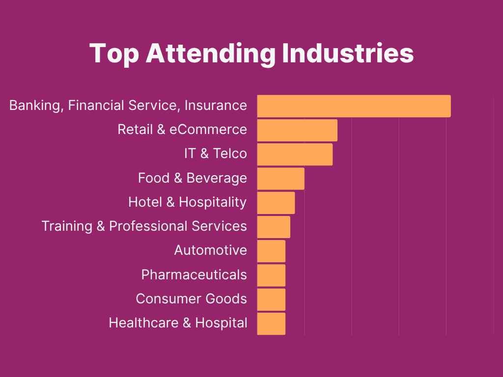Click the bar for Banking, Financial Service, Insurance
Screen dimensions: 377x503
tap(354, 106)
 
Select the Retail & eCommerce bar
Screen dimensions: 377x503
tap(297, 130)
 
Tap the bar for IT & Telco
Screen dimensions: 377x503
tap(295, 154)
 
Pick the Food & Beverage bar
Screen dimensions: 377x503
tap(280, 179)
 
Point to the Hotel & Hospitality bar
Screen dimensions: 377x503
tap(276, 203)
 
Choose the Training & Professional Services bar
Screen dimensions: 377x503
tap(274, 227)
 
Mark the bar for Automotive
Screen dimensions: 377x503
tap(271, 251)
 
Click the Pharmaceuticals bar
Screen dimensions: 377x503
tap(271, 275)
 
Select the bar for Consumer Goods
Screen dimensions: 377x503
tap(271, 299)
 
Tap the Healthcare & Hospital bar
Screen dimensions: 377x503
tap(271, 323)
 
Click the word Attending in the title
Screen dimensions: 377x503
tap(211, 53)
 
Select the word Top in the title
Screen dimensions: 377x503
tap(114, 53)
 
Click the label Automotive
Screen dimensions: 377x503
tap(210, 250)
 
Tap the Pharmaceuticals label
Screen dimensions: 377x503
tap(194, 274)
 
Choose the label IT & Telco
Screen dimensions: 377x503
tap(215, 154)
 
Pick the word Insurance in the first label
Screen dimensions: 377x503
tap(216, 105)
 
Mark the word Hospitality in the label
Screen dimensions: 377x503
tap(213, 202)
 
